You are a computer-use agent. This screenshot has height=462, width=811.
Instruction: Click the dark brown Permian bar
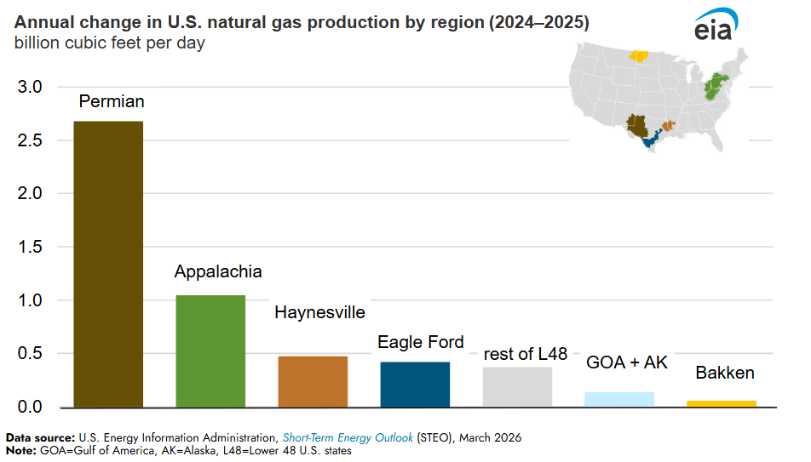(x=108, y=264)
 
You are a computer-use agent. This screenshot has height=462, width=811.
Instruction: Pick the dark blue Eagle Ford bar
(x=415, y=384)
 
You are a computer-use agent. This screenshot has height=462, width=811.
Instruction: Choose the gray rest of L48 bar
(x=517, y=386)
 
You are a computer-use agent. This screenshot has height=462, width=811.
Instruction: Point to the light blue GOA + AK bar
(x=619, y=399)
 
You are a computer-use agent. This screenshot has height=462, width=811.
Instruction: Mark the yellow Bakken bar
(x=722, y=403)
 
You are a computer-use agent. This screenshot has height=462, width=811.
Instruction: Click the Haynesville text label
(x=319, y=312)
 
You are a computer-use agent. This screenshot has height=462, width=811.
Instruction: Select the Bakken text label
(x=725, y=373)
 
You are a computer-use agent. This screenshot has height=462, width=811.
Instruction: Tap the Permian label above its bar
(x=112, y=101)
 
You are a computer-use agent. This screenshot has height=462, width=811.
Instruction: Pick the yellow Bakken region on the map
(x=639, y=57)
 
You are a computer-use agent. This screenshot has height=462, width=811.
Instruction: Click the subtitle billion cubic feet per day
(x=109, y=42)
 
